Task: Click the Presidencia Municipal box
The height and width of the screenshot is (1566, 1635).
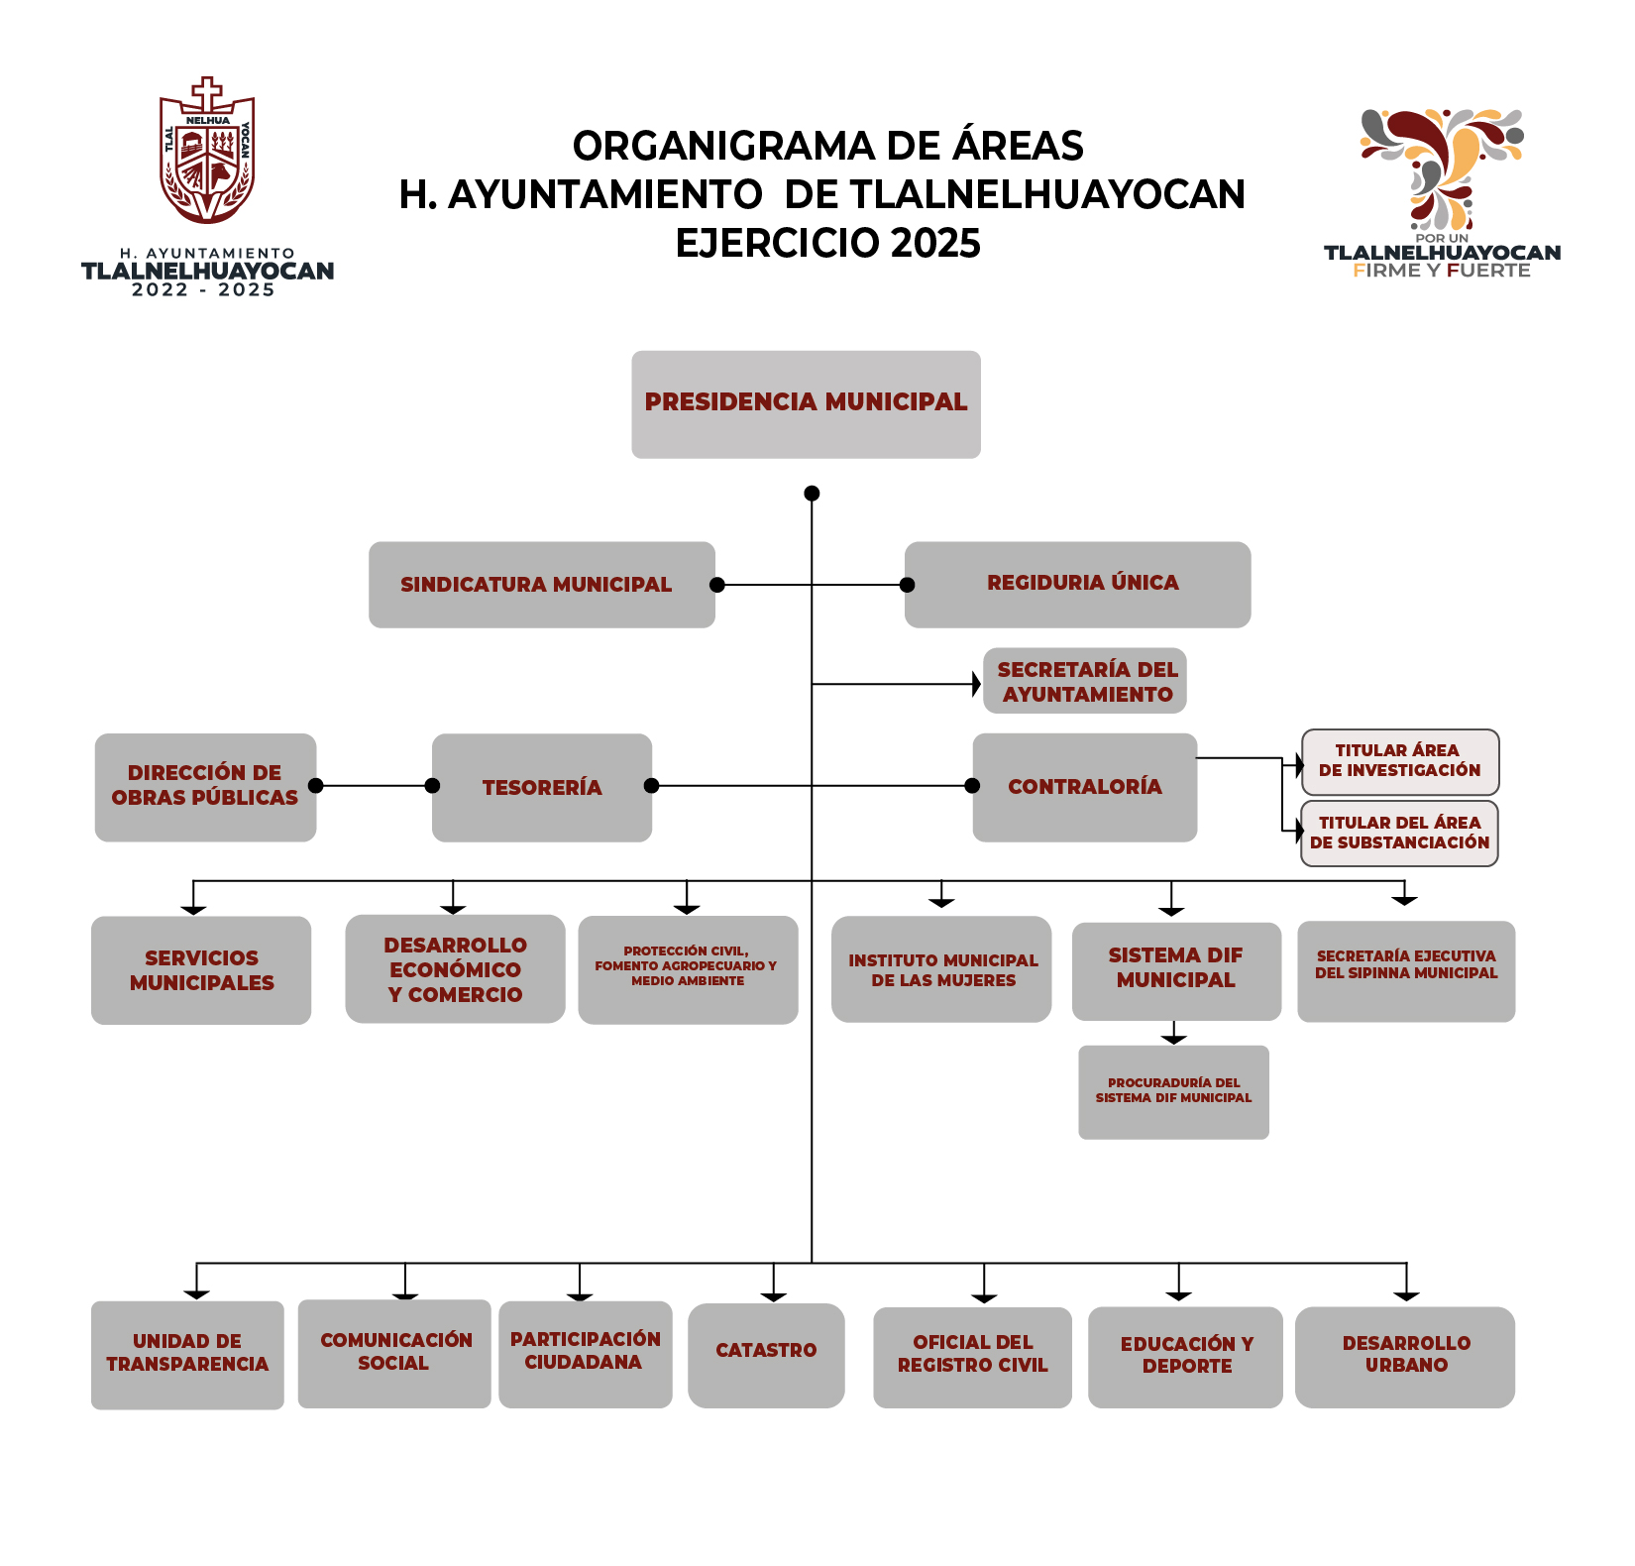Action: (806, 403)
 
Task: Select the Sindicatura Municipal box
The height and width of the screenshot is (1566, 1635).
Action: (541, 584)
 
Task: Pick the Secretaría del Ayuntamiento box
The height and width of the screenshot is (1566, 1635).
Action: (1085, 681)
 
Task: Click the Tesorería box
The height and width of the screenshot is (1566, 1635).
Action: (541, 787)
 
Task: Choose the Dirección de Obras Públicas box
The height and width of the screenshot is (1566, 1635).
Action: (205, 787)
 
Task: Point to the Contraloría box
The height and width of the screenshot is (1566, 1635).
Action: (1084, 787)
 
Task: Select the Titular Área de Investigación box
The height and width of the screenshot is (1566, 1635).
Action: (1399, 761)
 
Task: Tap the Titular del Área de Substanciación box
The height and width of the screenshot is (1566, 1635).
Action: (1399, 833)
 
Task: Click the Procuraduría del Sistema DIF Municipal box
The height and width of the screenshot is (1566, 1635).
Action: (1173, 1091)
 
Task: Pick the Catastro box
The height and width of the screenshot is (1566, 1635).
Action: (766, 1354)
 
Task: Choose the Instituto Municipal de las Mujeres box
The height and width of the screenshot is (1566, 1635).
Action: (941, 969)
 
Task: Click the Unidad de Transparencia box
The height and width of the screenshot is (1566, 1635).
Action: (187, 1354)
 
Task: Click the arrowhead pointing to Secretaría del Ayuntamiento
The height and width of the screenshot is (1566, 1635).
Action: (976, 684)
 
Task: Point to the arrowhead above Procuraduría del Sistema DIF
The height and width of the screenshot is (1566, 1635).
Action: (1174, 1038)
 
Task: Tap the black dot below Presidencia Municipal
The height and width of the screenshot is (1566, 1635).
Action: (812, 493)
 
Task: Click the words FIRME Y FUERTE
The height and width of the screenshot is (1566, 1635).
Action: (1441, 271)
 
